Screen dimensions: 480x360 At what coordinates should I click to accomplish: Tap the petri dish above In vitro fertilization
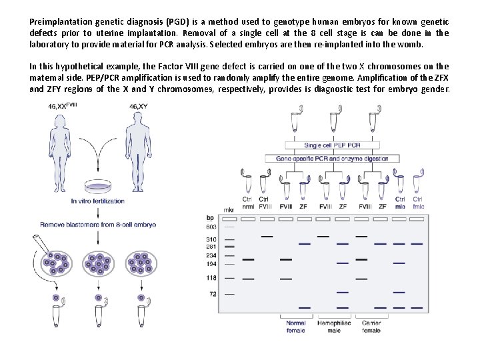(98, 187)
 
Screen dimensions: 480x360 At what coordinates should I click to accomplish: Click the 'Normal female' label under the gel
(295, 326)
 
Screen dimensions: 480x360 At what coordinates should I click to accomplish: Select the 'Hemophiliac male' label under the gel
(334, 326)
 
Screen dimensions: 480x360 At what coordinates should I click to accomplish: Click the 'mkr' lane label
(229, 209)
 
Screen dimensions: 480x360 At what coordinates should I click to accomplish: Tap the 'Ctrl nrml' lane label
(247, 203)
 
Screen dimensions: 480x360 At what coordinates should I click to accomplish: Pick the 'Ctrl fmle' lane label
(418, 203)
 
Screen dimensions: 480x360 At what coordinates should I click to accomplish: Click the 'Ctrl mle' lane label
(400, 203)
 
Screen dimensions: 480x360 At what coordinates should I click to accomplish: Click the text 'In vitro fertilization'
(99, 200)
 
